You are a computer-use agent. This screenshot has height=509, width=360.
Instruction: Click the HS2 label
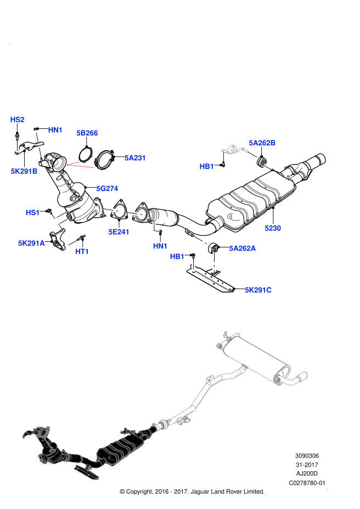tap(17, 120)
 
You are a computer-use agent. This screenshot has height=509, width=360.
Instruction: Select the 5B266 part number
tap(87, 133)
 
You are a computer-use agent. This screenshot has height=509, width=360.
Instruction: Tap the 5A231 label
tap(135, 158)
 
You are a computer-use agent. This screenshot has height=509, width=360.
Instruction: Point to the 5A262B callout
tap(262, 143)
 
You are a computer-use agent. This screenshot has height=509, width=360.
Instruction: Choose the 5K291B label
tap(24, 171)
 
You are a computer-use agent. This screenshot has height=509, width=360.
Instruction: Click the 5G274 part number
tap(107, 189)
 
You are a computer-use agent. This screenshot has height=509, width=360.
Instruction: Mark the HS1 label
tap(32, 213)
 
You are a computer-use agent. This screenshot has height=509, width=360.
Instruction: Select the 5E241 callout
tap(119, 232)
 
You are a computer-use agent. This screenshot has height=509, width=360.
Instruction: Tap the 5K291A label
tap(31, 243)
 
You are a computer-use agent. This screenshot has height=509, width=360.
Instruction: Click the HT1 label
tap(82, 252)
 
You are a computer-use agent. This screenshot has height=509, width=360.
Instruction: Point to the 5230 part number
tap(273, 228)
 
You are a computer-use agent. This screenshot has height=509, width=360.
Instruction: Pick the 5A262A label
tap(242, 248)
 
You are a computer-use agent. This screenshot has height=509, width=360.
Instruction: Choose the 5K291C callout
tap(258, 290)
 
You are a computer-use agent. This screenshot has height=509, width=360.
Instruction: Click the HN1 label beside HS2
tap(55, 130)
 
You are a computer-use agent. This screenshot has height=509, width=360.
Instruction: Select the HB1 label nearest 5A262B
tap(206, 166)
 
